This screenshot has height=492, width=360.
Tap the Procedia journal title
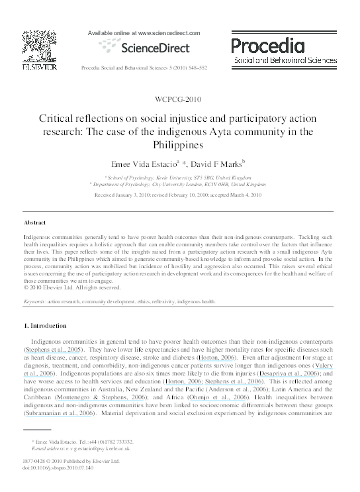268,46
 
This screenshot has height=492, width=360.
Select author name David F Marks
216,162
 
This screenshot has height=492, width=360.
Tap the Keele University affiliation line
179,178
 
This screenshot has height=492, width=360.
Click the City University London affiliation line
179,185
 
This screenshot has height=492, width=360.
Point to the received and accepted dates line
179,196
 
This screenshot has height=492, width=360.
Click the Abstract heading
35,223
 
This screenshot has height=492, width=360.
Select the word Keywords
34,301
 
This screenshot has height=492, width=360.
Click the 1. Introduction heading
45,326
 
